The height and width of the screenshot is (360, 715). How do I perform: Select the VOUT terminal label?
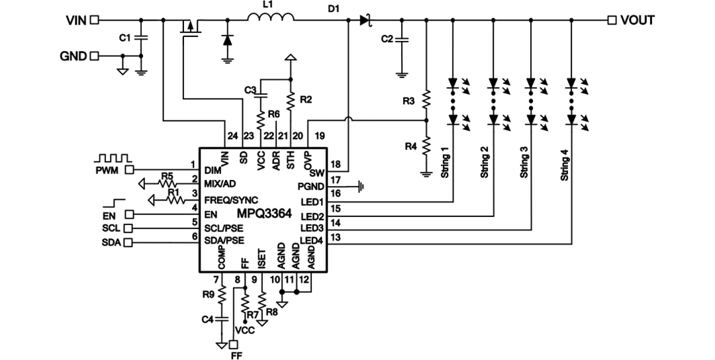(637, 21)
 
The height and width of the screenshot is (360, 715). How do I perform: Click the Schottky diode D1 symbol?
(365, 21)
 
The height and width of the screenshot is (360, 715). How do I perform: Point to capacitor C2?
(401, 40)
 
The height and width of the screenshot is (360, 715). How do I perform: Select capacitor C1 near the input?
(140, 38)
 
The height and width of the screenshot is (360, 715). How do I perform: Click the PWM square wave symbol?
(113, 159)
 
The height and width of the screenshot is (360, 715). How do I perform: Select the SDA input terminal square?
(128, 243)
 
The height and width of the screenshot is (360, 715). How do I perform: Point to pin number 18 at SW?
(335, 163)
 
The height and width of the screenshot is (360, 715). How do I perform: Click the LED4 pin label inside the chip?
(311, 240)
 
